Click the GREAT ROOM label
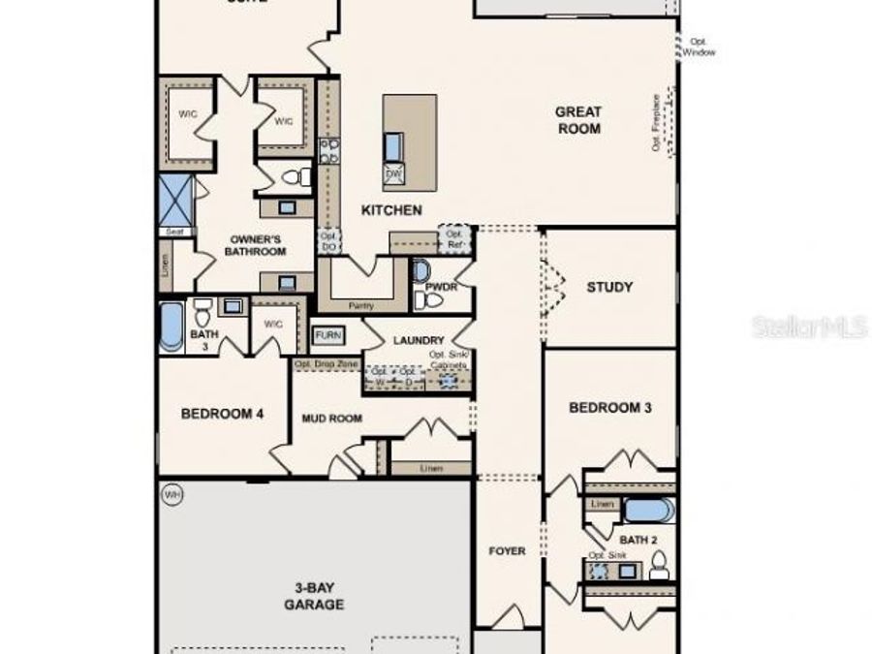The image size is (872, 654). point(577,120)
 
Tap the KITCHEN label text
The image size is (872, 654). point(391,210)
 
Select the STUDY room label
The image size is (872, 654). point(609,287)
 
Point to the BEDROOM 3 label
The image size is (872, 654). point(609,408)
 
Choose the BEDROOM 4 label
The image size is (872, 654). point(222,414)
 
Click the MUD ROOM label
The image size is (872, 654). point(331,419)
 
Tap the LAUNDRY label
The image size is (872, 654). point(419,340)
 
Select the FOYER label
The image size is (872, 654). point(507,551)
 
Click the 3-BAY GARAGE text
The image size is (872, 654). point(314,595)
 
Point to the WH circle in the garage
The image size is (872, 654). point(172,494)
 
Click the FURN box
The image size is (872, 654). point(326,335)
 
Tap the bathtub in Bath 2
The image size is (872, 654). point(646,509)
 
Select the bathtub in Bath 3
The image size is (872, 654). point(171,326)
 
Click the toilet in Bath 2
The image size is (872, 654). point(659,565)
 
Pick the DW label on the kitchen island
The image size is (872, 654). point(393,174)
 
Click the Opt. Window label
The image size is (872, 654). point(699,47)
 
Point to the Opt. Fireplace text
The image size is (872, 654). point(656,123)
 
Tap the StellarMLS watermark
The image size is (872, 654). point(810,327)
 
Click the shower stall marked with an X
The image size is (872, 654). point(175,200)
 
